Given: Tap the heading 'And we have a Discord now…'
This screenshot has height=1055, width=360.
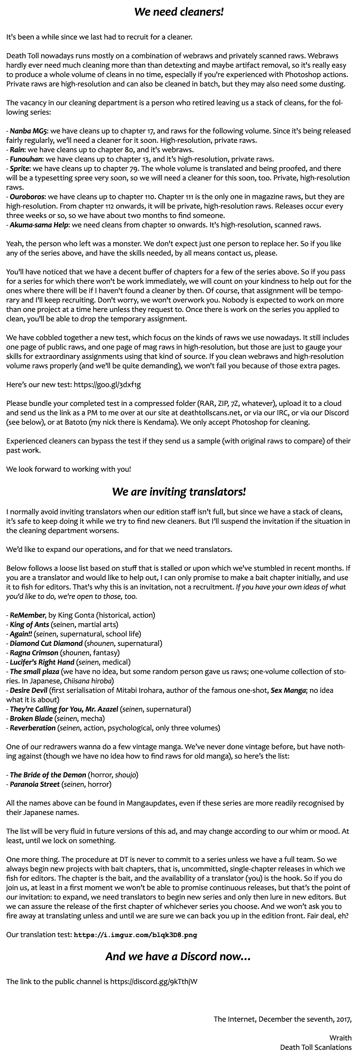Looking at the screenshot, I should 178,956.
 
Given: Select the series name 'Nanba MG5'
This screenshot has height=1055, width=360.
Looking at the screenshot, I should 29,131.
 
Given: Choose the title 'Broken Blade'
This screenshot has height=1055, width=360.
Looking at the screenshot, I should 31,718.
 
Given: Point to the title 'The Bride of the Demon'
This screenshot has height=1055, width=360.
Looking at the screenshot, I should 48,775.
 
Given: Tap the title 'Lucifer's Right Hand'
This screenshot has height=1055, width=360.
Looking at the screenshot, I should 42,662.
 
